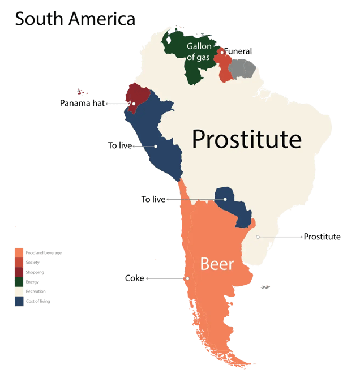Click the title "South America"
coord(75,19)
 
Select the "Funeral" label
coord(238,51)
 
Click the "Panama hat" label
coord(82,104)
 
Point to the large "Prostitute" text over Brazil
coord(246,139)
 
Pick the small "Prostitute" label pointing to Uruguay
coord(322,237)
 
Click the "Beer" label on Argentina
coord(217,264)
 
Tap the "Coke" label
coord(134,278)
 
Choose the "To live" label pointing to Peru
coord(119,146)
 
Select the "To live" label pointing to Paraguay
coord(153,199)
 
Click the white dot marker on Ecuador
coord(134,104)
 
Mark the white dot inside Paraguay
coord(225,199)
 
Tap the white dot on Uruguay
coord(258,237)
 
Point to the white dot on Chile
coord(187,278)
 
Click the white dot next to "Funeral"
coord(222,53)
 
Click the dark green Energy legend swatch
coord(19,281)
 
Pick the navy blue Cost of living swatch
coord(19,301)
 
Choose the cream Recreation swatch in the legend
coord(19,291)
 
